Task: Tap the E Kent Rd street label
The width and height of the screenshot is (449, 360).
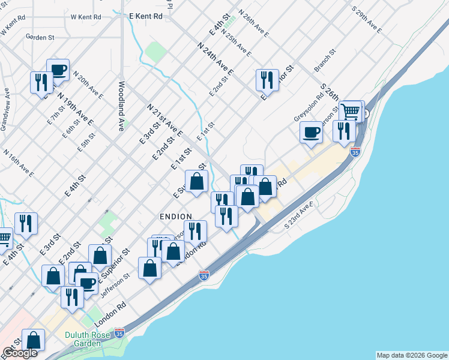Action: coord(146,16)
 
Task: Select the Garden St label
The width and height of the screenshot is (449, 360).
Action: coord(40,37)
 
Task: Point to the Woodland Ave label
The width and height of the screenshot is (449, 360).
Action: coord(121,106)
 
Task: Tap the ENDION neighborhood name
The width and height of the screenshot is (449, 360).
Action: coord(176,217)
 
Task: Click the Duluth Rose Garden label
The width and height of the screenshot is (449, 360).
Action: coord(87,340)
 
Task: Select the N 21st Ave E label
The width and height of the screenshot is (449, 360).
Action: coord(164,119)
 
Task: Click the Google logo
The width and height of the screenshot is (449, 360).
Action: coord(20,353)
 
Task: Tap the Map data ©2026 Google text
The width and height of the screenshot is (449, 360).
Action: coord(412,355)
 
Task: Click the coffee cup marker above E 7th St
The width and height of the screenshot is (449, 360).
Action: coord(58,70)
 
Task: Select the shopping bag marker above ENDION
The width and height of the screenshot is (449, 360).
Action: coord(196,181)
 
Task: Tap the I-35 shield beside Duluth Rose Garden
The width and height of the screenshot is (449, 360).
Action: coord(119,332)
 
